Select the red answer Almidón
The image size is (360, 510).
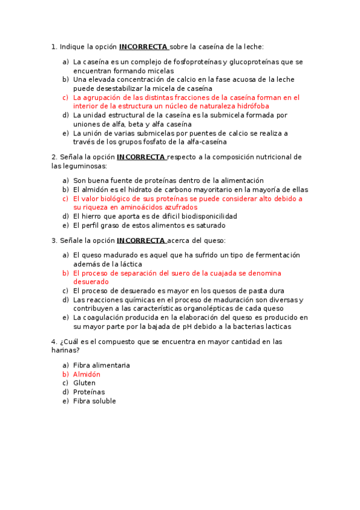(x=87, y=374)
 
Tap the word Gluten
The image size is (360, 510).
(x=84, y=383)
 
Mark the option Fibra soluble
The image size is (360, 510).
(x=94, y=401)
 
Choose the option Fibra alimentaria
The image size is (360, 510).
(x=102, y=365)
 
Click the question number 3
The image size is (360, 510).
(x=54, y=241)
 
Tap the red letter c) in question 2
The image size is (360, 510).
(x=66, y=198)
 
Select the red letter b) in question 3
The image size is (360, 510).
(x=66, y=273)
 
